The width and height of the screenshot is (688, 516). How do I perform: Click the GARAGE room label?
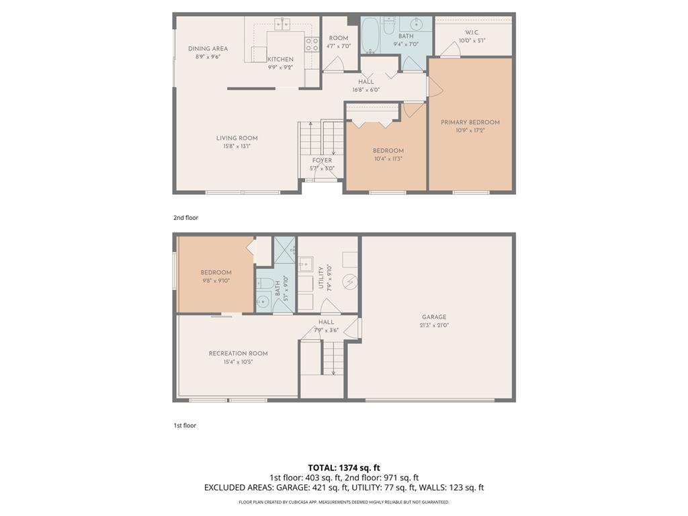click(x=434, y=317)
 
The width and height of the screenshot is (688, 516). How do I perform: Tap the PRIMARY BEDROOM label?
click(x=470, y=122)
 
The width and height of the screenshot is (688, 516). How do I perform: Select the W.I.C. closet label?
click(x=472, y=33)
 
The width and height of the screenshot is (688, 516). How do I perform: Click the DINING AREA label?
click(x=208, y=48)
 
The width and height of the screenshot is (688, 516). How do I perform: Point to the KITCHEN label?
click(x=280, y=59)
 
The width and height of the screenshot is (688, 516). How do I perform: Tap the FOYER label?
click(x=321, y=161)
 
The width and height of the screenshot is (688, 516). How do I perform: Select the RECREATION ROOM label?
click(x=238, y=353)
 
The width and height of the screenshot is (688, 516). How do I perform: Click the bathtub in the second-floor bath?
click(x=370, y=36)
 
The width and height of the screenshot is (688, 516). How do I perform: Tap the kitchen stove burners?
click(x=312, y=44)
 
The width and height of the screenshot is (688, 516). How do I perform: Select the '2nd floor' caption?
click(x=185, y=218)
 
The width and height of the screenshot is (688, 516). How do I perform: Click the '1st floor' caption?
click(x=185, y=425)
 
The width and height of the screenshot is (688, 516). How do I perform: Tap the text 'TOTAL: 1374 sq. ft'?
click(x=344, y=468)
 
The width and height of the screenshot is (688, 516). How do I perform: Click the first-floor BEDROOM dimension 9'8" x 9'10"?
click(x=216, y=281)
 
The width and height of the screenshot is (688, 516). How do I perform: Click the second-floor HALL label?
click(x=366, y=82)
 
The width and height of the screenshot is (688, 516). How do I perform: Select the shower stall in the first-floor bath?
click(x=285, y=251)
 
